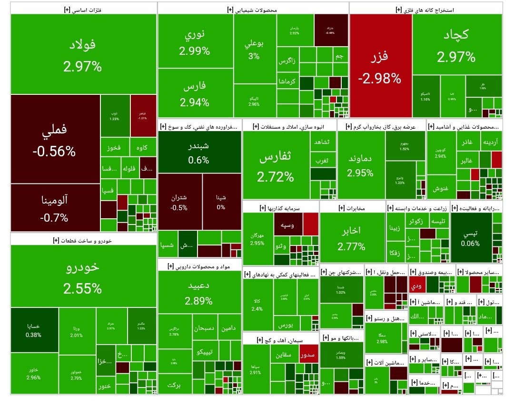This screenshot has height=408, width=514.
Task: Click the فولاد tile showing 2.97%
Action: tap(83, 54)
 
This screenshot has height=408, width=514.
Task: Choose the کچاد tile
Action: tap(456, 45)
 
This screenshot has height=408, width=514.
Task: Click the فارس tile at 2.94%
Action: tap(195, 93)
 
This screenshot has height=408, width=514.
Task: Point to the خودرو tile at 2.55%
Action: tap(83, 276)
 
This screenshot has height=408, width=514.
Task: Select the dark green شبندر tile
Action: tap(198, 152)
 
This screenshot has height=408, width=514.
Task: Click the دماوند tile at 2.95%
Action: tap(361, 164)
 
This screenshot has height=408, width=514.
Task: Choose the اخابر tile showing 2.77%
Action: tap(352, 238)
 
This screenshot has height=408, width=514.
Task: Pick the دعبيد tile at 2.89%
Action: tap(199, 293)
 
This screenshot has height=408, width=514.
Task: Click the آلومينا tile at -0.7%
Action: tap(54, 208)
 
